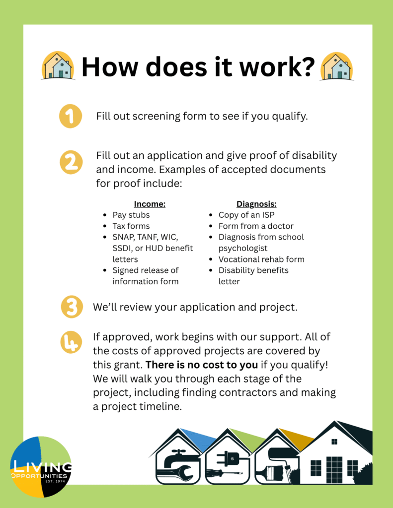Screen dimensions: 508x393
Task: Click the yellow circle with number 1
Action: coord(70,117)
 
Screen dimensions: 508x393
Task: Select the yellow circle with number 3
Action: coord(72,307)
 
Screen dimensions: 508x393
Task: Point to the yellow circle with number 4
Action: coord(72,342)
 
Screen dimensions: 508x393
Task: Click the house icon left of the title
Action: coord(58,66)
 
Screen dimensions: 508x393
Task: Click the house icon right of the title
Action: coord(336,66)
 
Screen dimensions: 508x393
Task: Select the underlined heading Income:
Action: coord(150,204)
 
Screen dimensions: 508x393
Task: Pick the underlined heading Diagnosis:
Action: coord(256,204)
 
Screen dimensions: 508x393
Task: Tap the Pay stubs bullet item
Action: coord(131,215)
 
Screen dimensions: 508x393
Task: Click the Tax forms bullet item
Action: coord(131,226)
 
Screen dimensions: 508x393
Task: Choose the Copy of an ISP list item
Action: coord(246,215)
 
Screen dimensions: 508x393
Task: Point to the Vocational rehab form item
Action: coord(261,259)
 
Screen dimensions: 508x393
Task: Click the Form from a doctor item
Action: coord(256,226)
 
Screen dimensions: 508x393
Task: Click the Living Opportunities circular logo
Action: coord(41,466)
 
